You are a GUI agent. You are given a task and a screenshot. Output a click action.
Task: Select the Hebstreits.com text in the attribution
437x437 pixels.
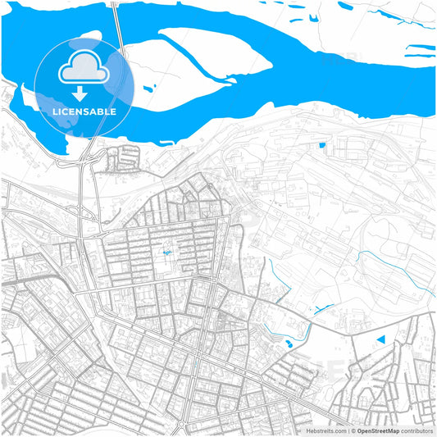tap(327, 430)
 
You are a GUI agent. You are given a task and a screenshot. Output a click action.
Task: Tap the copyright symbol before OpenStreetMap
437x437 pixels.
tap(353, 430)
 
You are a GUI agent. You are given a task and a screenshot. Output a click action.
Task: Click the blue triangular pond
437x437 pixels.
tap(380, 339)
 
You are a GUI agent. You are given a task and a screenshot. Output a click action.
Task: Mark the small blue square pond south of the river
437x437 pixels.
tap(322, 145)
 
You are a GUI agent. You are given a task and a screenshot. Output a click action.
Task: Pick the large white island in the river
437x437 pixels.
tap(205, 61)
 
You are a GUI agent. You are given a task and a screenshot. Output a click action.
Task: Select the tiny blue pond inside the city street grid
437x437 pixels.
tap(166, 253)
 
